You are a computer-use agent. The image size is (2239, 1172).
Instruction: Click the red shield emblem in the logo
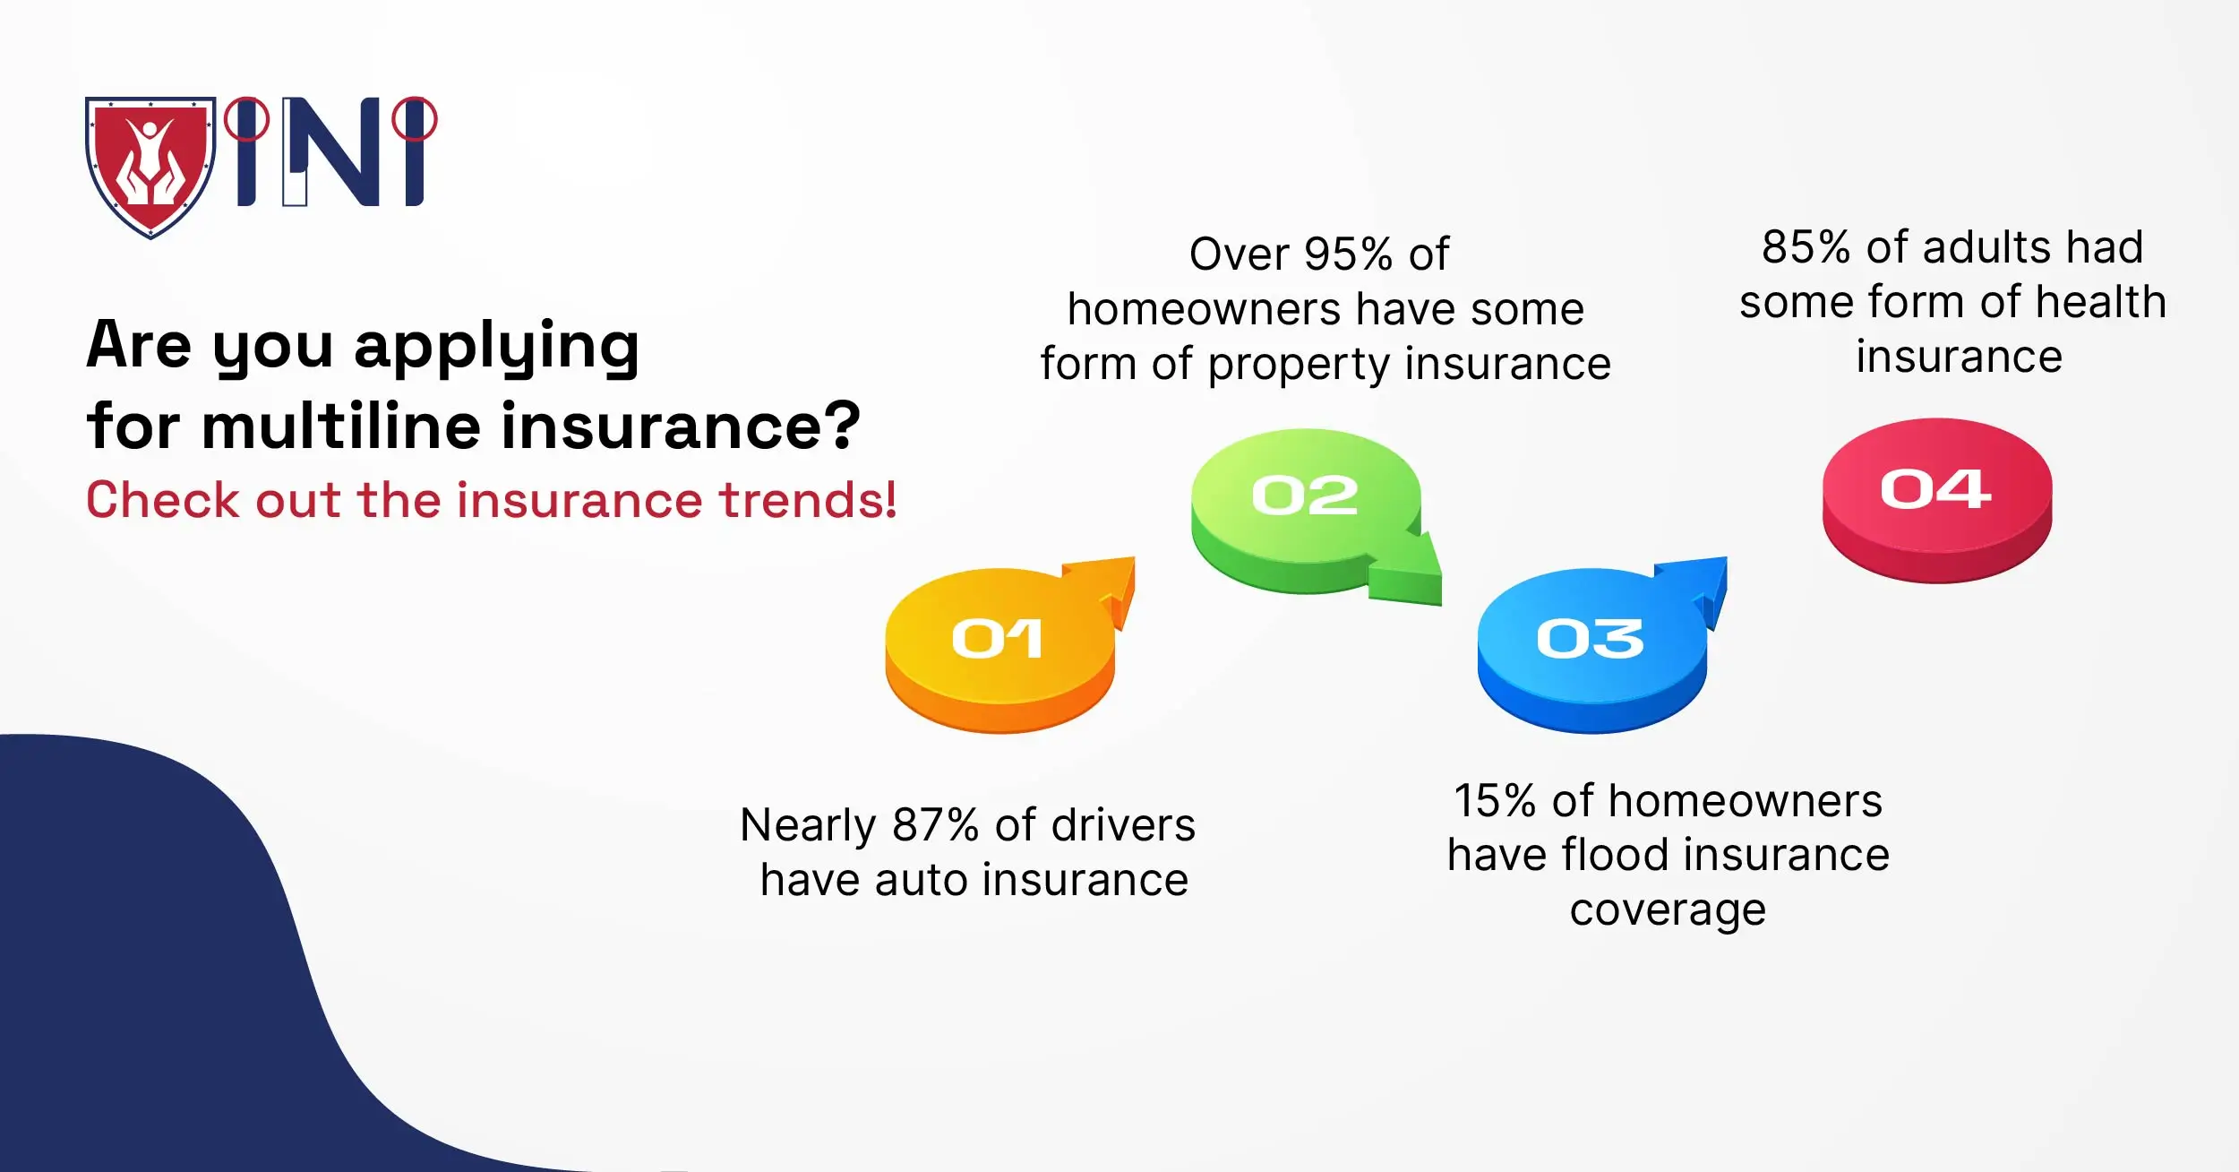click(x=150, y=166)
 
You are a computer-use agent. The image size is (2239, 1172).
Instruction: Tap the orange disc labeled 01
click(x=998, y=645)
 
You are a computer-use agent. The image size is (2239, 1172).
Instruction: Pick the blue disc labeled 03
click(x=1590, y=645)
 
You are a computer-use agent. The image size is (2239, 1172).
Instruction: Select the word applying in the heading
click(x=497, y=347)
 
